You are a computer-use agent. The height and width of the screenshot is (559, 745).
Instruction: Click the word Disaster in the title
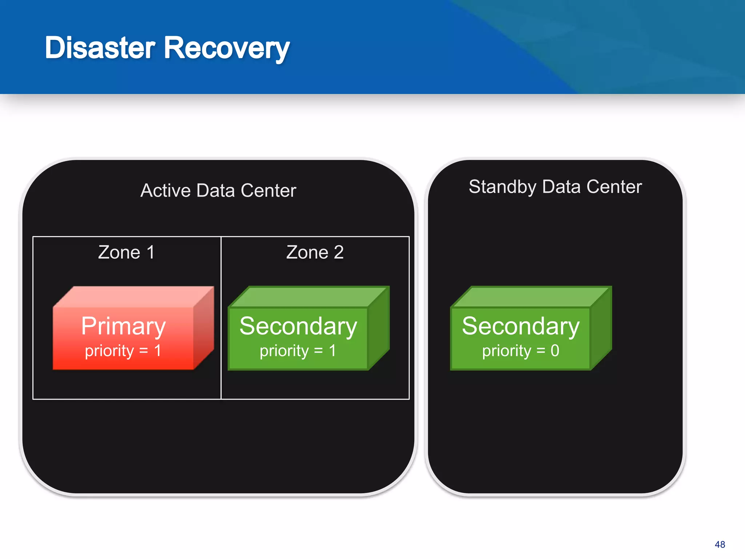[x=100, y=48]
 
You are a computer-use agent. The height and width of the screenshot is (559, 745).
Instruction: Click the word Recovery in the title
[x=227, y=48]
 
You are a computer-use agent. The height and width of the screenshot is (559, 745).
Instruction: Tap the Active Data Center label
[x=218, y=190]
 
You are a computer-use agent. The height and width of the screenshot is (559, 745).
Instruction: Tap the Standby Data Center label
[x=555, y=187]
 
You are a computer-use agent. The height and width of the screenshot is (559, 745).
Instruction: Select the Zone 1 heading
[x=126, y=252]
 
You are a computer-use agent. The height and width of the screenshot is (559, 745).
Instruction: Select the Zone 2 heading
[x=315, y=252]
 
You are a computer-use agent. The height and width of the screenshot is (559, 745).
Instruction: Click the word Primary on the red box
[x=123, y=326]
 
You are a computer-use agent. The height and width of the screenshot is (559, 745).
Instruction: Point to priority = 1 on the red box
[x=123, y=351]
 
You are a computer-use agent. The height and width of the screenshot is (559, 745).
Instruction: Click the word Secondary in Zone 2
[x=298, y=326]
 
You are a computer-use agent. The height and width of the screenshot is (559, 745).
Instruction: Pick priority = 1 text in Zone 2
[x=298, y=351]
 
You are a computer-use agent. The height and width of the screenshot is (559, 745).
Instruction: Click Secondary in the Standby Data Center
[x=521, y=326]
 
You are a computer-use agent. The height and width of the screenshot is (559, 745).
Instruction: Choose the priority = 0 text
[x=521, y=351]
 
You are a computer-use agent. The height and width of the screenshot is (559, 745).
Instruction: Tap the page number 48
[x=720, y=544]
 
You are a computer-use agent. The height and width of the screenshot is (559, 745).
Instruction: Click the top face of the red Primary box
[x=133, y=297]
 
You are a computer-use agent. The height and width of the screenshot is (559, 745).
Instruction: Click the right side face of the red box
[x=204, y=328]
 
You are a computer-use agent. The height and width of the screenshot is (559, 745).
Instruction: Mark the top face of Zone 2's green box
[x=307, y=297]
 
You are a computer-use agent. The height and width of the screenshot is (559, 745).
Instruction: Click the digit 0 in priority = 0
[x=555, y=351]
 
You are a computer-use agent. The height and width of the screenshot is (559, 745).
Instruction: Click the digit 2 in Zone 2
[x=338, y=252]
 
